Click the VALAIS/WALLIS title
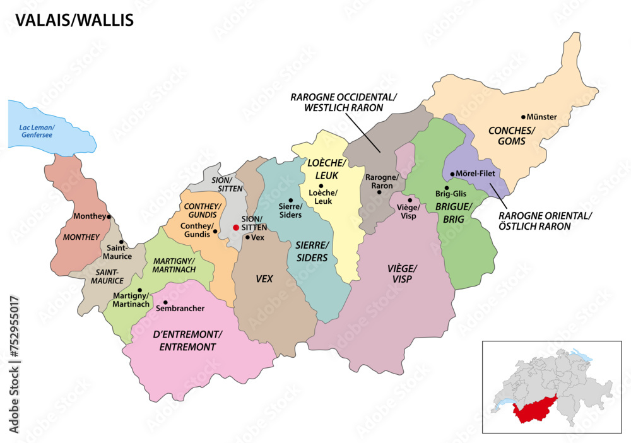pos(74,20)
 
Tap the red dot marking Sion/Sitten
pos(236,227)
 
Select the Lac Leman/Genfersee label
pos(37,131)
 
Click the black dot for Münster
pos(523,117)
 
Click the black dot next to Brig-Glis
pos(446,187)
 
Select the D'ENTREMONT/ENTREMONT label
pos(188,340)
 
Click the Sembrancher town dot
pos(165,302)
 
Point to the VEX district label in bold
pos(264,278)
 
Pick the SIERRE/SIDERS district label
pos(312,251)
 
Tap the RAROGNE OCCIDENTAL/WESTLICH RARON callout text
pos(345,102)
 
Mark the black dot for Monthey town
pos(109,216)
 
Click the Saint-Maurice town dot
pos(121,242)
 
